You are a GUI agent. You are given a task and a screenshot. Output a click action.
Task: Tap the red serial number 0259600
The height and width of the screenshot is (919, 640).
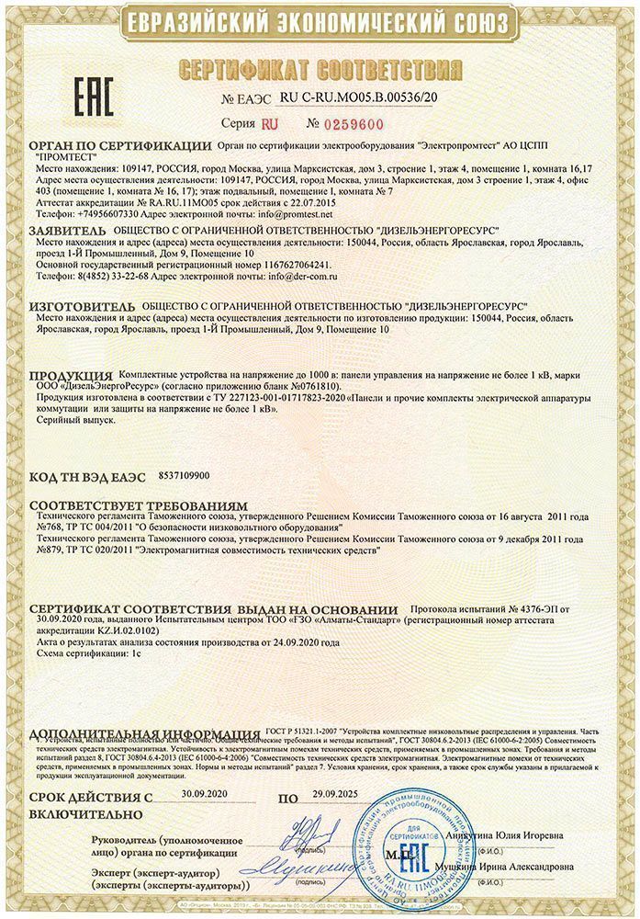pyautogui.click(x=356, y=123)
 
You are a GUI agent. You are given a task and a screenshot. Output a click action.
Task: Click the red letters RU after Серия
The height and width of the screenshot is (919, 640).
pyautogui.click(x=269, y=122)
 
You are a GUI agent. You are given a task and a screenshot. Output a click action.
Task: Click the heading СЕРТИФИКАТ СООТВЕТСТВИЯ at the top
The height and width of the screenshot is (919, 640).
pyautogui.click(x=320, y=69)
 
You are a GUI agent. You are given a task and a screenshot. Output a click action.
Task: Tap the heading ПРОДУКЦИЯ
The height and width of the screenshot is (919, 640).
pyautogui.click(x=72, y=377)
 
